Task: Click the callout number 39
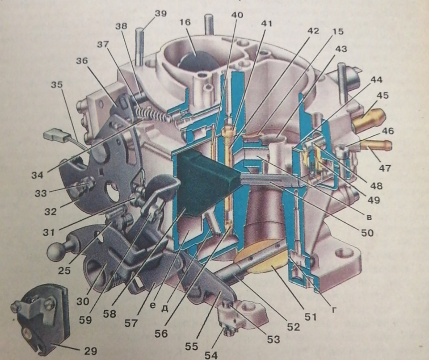160,13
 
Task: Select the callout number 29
91,351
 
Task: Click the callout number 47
385,168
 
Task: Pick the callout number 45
383,96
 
